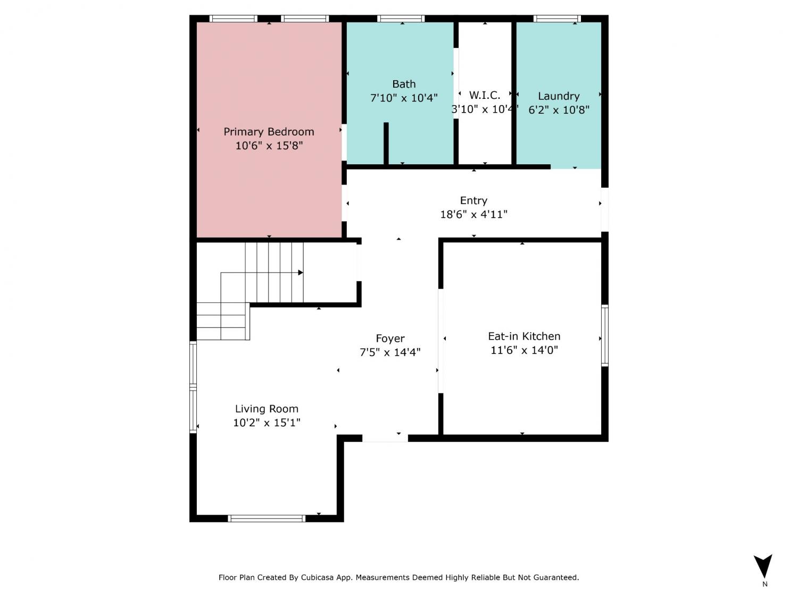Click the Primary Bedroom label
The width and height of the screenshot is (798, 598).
tap(269, 132)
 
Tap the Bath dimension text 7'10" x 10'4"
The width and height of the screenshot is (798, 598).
tap(404, 98)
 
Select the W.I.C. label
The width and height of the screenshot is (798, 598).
tap(484, 95)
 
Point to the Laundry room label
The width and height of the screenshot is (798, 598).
tap(559, 96)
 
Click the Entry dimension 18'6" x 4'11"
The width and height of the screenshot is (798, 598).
tap(473, 214)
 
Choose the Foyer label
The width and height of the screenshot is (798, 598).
tap(390, 339)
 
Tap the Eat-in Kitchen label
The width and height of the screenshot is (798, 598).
tap(524, 336)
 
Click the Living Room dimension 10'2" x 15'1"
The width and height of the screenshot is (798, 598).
tap(267, 423)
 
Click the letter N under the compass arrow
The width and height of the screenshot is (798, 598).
tap(764, 584)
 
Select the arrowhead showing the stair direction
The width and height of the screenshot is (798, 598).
tap(300, 272)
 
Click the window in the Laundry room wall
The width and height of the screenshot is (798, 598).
tap(556, 19)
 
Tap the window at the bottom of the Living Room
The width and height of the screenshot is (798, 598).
tap(267, 518)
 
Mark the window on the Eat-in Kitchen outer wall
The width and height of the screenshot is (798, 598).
tap(604, 335)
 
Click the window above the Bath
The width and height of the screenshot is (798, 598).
tap(401, 19)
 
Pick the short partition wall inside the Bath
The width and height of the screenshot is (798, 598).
tap(386, 144)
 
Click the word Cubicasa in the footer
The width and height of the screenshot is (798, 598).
tap(317, 577)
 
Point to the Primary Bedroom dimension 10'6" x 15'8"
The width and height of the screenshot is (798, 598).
tap(269, 146)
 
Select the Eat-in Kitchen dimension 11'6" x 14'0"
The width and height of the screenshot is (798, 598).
tap(524, 350)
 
